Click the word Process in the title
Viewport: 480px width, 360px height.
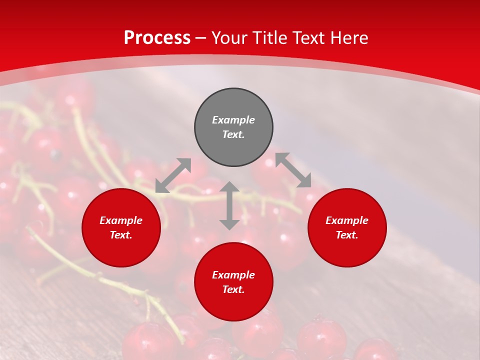click(157, 37)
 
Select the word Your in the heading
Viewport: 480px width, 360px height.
click(230, 37)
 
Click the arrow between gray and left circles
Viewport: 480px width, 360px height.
click(173, 175)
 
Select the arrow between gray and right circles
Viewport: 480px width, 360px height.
click(293, 170)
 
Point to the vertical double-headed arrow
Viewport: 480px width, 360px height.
click(229, 205)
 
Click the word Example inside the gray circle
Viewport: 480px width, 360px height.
click(233, 120)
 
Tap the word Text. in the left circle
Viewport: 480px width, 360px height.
click(121, 235)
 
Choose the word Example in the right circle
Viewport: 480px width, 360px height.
click(347, 220)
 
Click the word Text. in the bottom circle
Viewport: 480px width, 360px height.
click(233, 289)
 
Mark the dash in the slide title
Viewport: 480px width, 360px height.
click(201, 37)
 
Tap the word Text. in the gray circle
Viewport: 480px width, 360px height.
click(233, 134)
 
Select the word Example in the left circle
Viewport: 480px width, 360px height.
click(121, 220)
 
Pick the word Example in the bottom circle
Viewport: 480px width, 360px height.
click(233, 275)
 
